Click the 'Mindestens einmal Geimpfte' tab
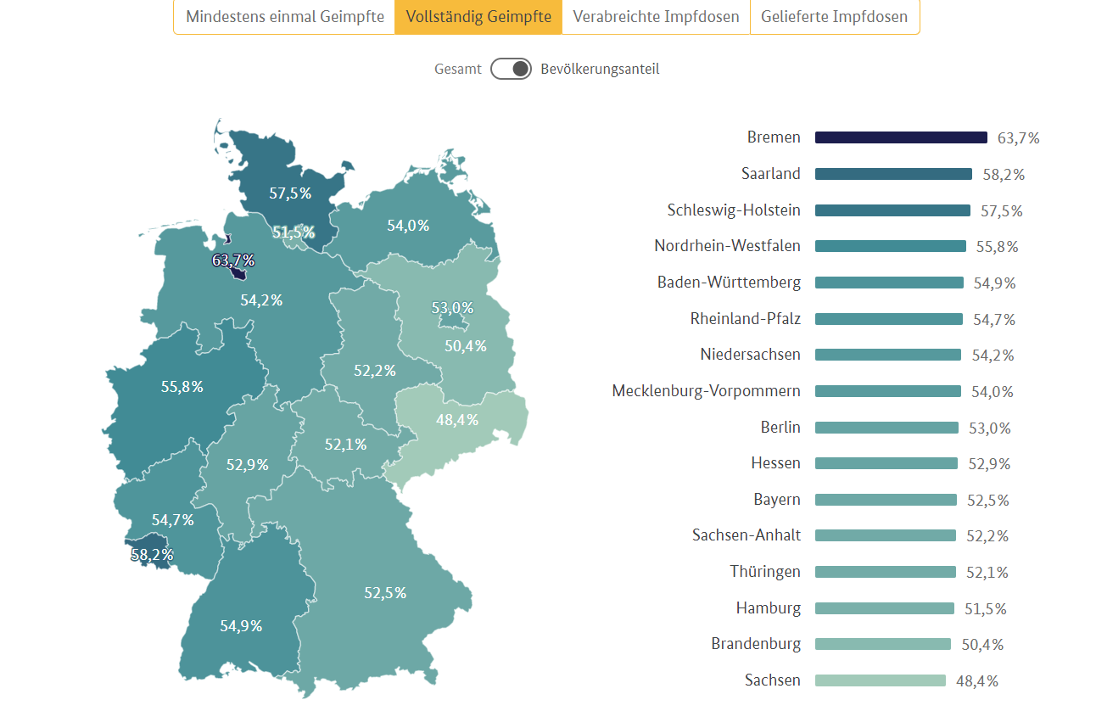click(284, 17)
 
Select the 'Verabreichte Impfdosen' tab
click(656, 17)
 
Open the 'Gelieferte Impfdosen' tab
click(834, 17)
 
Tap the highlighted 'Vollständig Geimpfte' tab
click(478, 17)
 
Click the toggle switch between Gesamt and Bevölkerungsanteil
click(511, 69)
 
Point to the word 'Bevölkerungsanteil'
click(600, 70)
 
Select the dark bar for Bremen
click(901, 137)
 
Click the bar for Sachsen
click(880, 680)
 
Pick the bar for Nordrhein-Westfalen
click(890, 246)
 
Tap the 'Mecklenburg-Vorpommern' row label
click(706, 391)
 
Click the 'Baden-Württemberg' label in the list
click(729, 283)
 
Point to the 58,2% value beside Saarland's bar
click(1004, 175)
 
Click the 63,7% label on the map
click(233, 260)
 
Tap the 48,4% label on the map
click(457, 420)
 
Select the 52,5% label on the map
click(385, 593)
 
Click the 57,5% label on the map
click(290, 193)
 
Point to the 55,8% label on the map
click(182, 387)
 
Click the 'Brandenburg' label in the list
click(756, 644)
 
